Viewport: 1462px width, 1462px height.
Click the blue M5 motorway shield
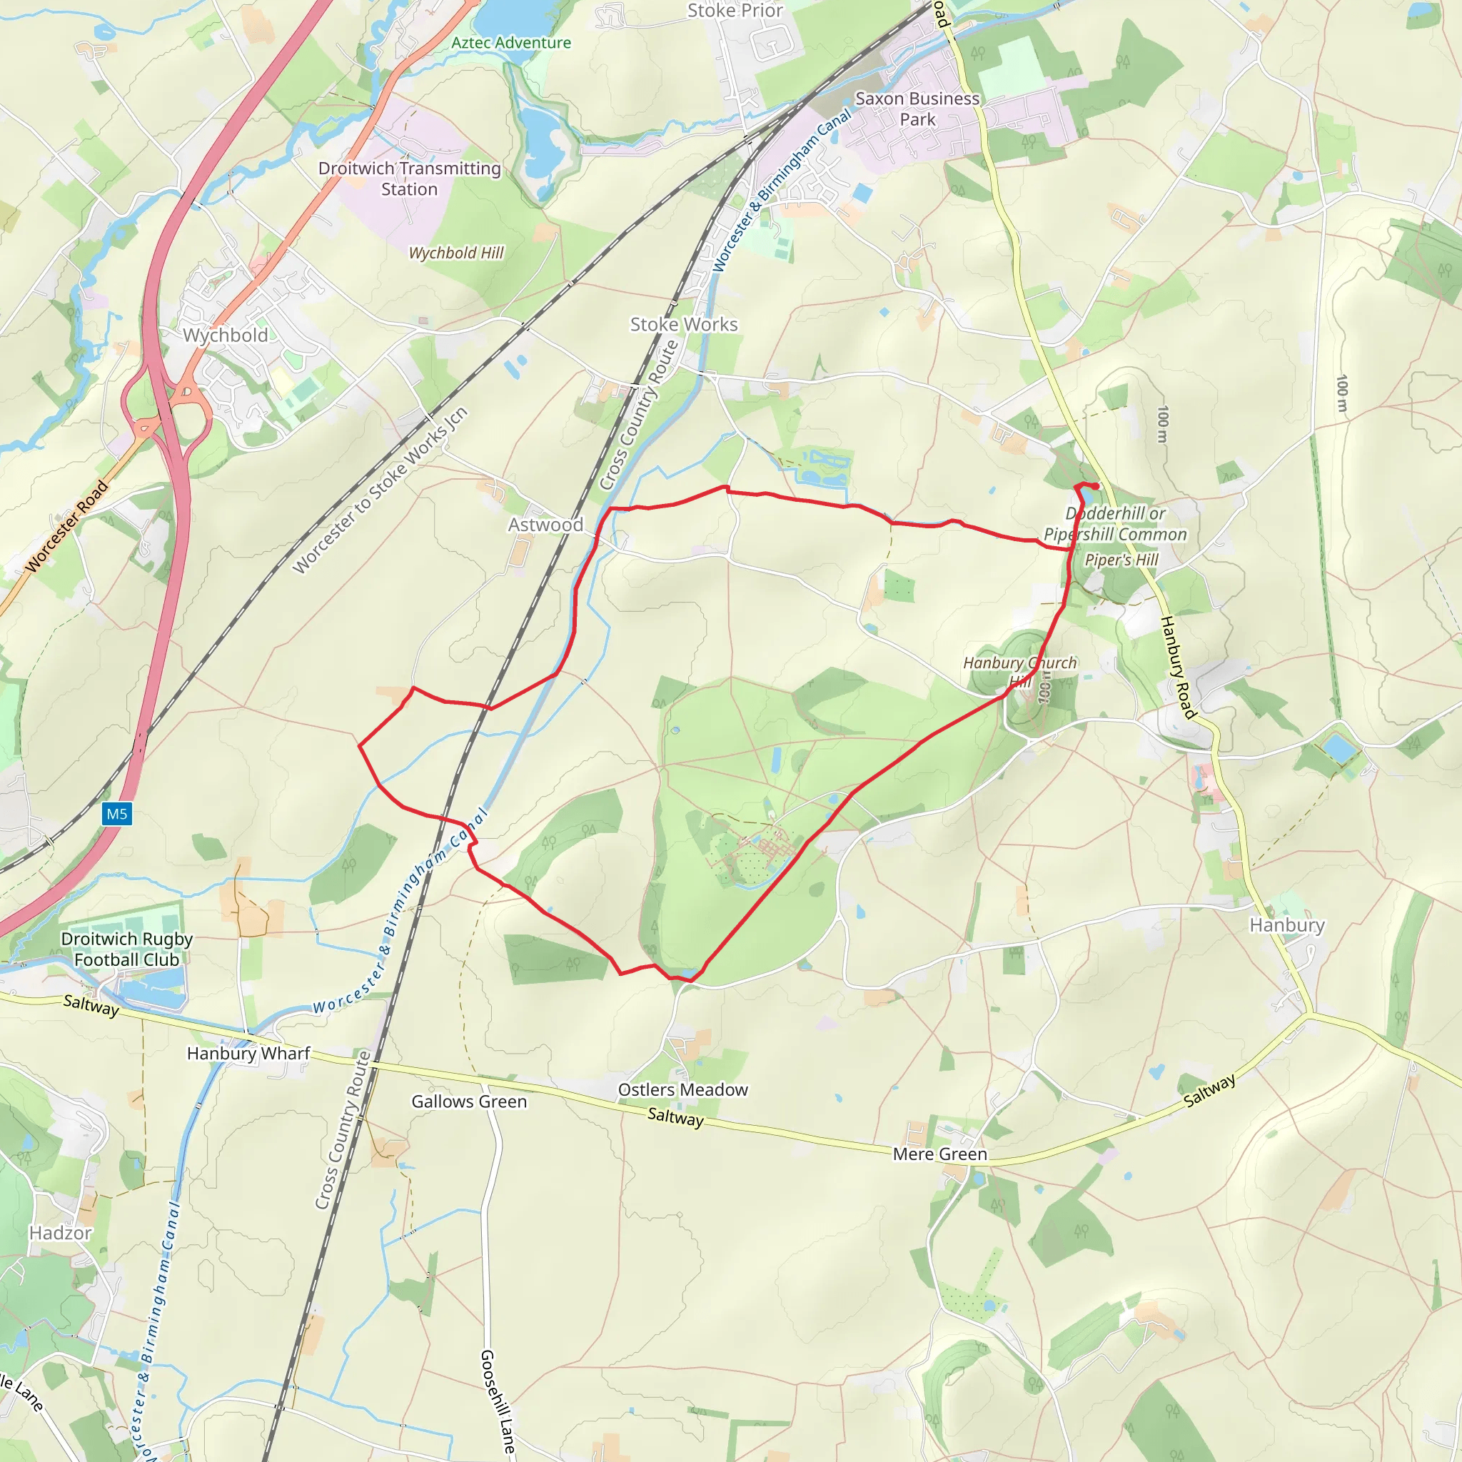point(116,815)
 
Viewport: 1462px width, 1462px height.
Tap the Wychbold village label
point(226,336)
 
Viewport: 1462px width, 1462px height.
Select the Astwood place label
point(545,525)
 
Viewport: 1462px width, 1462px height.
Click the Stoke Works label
point(684,324)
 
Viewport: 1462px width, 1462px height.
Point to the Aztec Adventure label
point(511,42)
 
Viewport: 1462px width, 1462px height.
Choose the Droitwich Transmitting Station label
point(409,178)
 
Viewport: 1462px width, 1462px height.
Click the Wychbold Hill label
point(456,253)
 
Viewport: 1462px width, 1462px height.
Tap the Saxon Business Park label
point(917,109)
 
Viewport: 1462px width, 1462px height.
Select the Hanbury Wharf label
point(248,1054)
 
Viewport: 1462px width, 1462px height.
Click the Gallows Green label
point(469,1101)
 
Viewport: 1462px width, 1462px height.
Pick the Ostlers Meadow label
point(682,1089)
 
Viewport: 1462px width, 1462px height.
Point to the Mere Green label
point(940,1154)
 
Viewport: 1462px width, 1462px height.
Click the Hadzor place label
point(61,1233)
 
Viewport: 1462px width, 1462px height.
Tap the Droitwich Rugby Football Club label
point(126,949)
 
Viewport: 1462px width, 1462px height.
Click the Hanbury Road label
point(1178,667)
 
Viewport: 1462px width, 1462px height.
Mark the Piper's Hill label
point(1121,560)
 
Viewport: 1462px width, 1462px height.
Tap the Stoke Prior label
point(735,11)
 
